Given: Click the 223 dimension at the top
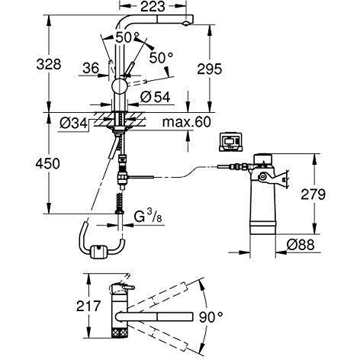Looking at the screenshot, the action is [x=153, y=7].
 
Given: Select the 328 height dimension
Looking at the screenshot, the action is [x=49, y=64].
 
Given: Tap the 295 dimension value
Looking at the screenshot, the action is [x=210, y=69].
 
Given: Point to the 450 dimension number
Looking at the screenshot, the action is [x=48, y=163].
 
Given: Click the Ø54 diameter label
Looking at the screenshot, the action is [x=155, y=97].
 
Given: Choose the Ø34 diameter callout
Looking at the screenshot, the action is [x=73, y=124].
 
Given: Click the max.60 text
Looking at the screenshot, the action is [x=187, y=122].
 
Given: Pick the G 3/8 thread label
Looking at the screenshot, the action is [x=148, y=217].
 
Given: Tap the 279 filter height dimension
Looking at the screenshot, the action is [x=313, y=194].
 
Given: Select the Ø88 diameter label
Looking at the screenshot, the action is [x=301, y=245].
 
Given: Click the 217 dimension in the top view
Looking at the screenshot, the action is [x=88, y=306].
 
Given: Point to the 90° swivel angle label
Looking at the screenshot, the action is [x=211, y=317].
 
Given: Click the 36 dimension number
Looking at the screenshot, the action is [x=91, y=68].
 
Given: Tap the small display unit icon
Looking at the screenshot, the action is [x=230, y=142].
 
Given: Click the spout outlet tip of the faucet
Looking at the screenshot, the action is [x=185, y=24].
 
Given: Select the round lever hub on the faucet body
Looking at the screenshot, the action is [x=119, y=85].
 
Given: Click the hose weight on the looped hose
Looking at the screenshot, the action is [x=98, y=250].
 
